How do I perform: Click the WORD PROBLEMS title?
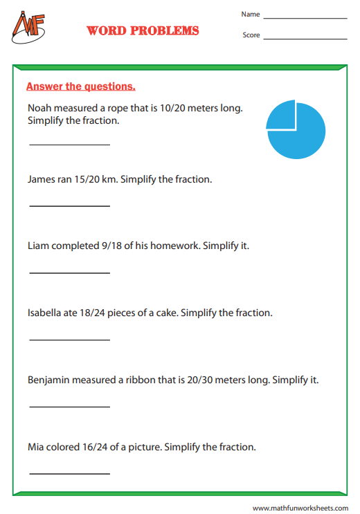click(x=143, y=31)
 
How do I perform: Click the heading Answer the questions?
click(x=80, y=86)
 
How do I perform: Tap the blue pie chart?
click(x=296, y=129)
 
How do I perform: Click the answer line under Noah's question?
click(x=69, y=144)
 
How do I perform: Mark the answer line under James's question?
click(x=69, y=205)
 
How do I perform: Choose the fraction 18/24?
click(x=99, y=313)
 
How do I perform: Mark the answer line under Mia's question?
click(x=69, y=473)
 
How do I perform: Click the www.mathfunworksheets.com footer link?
click(x=300, y=507)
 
